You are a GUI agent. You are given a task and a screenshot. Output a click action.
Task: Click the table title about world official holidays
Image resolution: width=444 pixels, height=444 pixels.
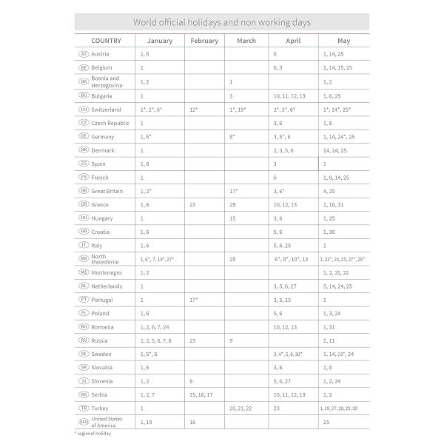tap(222, 22)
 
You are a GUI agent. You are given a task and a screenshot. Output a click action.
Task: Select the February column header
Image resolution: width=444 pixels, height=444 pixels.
tap(204, 41)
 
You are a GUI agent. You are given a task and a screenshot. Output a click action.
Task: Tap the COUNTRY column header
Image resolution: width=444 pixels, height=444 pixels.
tap(107, 41)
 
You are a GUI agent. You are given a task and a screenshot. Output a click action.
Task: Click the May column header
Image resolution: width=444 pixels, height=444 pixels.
tap(343, 41)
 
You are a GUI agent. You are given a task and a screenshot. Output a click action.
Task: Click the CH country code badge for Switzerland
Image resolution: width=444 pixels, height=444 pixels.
tap(84, 110)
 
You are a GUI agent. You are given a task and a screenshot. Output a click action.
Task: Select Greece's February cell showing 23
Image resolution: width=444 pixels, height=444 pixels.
tap(192, 204)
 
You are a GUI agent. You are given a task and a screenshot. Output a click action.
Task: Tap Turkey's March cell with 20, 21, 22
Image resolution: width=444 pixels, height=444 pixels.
tap(240, 408)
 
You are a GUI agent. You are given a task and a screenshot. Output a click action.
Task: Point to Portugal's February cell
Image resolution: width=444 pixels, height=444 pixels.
tap(194, 300)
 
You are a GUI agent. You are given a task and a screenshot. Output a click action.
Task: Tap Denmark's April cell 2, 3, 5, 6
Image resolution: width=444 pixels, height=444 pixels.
tap(283, 149)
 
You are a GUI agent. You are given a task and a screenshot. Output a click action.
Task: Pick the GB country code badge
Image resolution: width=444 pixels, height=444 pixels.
tap(84, 191)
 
